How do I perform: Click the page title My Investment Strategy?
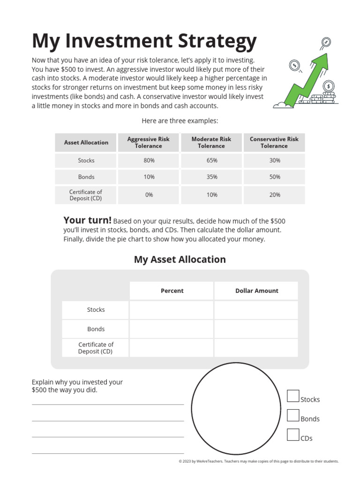pos(144,41)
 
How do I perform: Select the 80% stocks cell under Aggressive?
pos(149,160)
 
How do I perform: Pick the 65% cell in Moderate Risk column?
pos(211,160)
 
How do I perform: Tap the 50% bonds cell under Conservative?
pos(274,177)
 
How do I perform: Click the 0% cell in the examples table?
pos(149,195)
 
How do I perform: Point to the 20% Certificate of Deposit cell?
pos(274,195)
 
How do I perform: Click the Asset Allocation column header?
pos(86,142)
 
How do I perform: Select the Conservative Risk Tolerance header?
pos(274,142)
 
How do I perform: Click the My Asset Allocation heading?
pos(180,259)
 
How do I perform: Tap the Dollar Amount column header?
pos(256,291)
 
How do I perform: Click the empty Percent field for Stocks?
pos(172,310)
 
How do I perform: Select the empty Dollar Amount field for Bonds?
pos(256,329)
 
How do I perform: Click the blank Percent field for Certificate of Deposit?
pos(172,348)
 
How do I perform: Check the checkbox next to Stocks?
pos(293,396)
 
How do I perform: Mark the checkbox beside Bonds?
pos(293,415)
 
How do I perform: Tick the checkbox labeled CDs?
pos(293,435)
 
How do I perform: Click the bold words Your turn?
pos(87,221)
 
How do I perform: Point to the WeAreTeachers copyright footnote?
pos(258,461)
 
